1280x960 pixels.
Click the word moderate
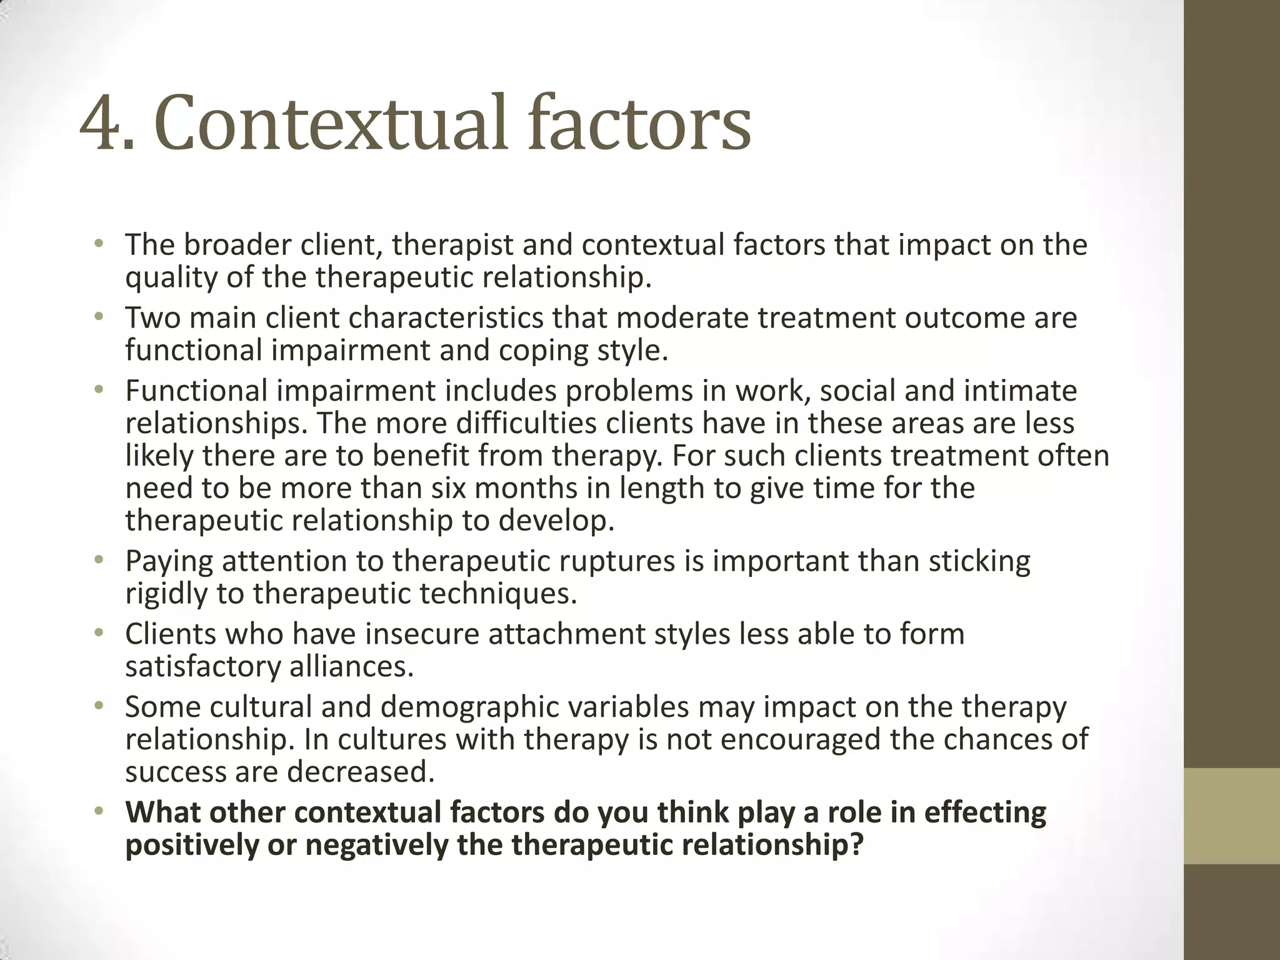pyautogui.click(x=682, y=317)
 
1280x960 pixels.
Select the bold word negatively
pyautogui.click(x=372, y=845)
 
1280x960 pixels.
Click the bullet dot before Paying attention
pyautogui.click(x=97, y=559)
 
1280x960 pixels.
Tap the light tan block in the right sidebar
pyautogui.click(x=1232, y=816)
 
